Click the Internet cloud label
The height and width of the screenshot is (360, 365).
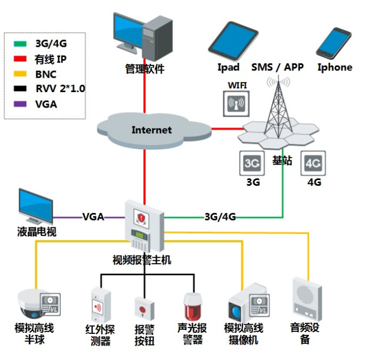152,130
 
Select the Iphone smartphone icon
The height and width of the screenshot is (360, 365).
334,42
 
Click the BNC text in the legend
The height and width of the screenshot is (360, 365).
45,75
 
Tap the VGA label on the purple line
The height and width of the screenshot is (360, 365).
93,217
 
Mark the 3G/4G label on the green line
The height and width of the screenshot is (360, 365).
220,217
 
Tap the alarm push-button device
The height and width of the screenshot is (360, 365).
143,309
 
